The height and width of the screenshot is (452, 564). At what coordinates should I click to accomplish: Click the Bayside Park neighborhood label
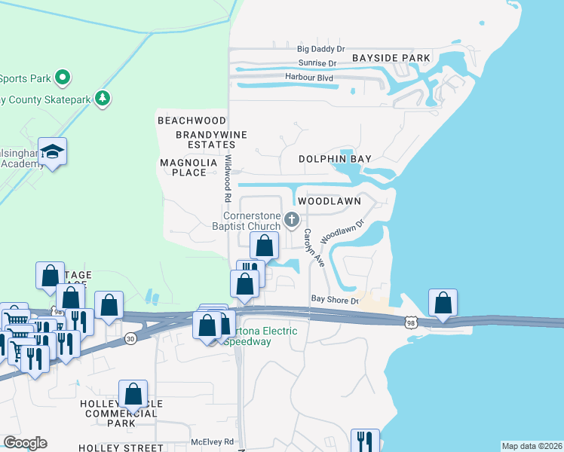click(391, 58)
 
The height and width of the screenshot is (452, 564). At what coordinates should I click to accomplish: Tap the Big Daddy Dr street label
click(321, 49)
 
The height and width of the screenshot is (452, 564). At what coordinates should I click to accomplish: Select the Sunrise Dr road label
click(317, 63)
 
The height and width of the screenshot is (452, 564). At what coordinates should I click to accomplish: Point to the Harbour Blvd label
click(309, 77)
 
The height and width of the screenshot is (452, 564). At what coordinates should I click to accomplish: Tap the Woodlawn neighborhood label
click(329, 202)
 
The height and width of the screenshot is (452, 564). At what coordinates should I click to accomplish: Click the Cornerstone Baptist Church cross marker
click(293, 220)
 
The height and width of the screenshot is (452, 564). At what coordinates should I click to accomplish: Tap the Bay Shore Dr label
click(333, 301)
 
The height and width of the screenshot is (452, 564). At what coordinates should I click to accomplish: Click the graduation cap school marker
click(52, 153)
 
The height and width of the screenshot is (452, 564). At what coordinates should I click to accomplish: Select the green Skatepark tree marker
click(103, 99)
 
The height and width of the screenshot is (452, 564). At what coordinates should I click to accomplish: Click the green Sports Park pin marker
click(63, 78)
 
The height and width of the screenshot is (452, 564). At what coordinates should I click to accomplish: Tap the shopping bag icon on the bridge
click(443, 303)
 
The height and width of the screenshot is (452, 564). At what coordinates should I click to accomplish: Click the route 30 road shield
click(130, 340)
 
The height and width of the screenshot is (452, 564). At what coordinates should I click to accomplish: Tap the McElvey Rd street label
click(213, 441)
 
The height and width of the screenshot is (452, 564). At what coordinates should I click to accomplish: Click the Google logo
click(25, 443)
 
